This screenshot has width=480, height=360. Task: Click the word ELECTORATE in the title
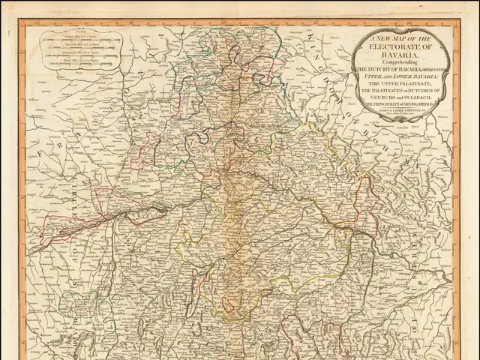[x=402, y=44]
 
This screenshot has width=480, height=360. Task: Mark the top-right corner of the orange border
[x=460, y=20]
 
